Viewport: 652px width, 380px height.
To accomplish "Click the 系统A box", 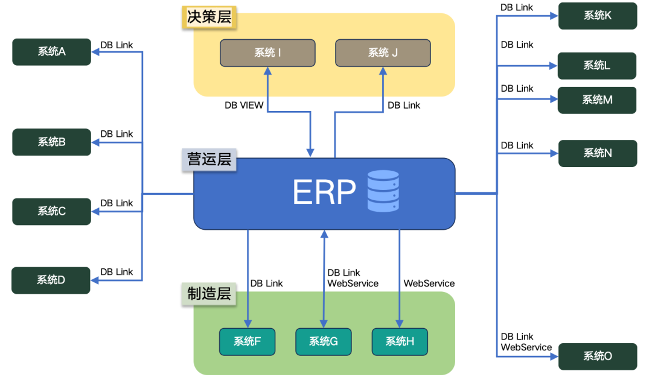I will (x=51, y=52).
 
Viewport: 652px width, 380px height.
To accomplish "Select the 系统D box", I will (x=51, y=280).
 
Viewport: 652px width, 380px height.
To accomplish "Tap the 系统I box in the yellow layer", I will (x=267, y=53).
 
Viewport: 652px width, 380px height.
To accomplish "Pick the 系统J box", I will (x=383, y=53).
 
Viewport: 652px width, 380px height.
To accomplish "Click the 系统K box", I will (x=597, y=16).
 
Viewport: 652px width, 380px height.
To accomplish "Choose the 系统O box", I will (x=597, y=356).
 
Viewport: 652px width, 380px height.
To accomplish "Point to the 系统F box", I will (x=247, y=342).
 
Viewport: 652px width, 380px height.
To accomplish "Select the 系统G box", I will (x=323, y=342).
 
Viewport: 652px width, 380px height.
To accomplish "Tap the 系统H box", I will (x=400, y=342).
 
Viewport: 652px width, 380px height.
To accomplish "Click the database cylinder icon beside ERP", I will (x=383, y=191).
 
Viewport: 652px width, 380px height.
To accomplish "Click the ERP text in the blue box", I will (x=324, y=192).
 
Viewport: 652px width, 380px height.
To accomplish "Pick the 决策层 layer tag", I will (x=209, y=17).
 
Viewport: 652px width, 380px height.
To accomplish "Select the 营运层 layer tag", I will (x=209, y=160).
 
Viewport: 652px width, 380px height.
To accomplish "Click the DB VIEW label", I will (x=244, y=106).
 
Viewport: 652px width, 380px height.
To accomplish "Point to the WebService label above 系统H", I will (x=429, y=283).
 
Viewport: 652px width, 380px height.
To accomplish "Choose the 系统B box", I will (x=51, y=142).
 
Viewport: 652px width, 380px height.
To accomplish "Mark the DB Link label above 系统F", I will (x=266, y=283).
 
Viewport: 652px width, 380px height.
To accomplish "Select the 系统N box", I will (x=597, y=154).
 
